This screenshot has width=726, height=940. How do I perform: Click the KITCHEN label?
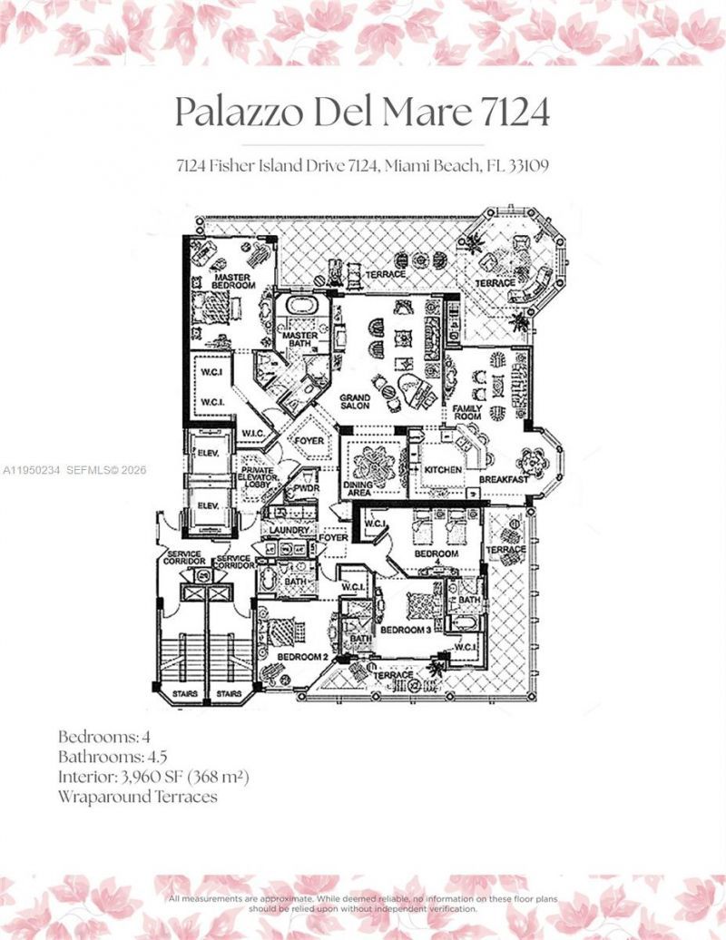tap(444, 470)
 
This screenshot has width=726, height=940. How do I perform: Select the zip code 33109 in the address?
tap(528, 167)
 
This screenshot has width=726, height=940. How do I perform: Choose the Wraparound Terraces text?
tap(137, 797)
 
